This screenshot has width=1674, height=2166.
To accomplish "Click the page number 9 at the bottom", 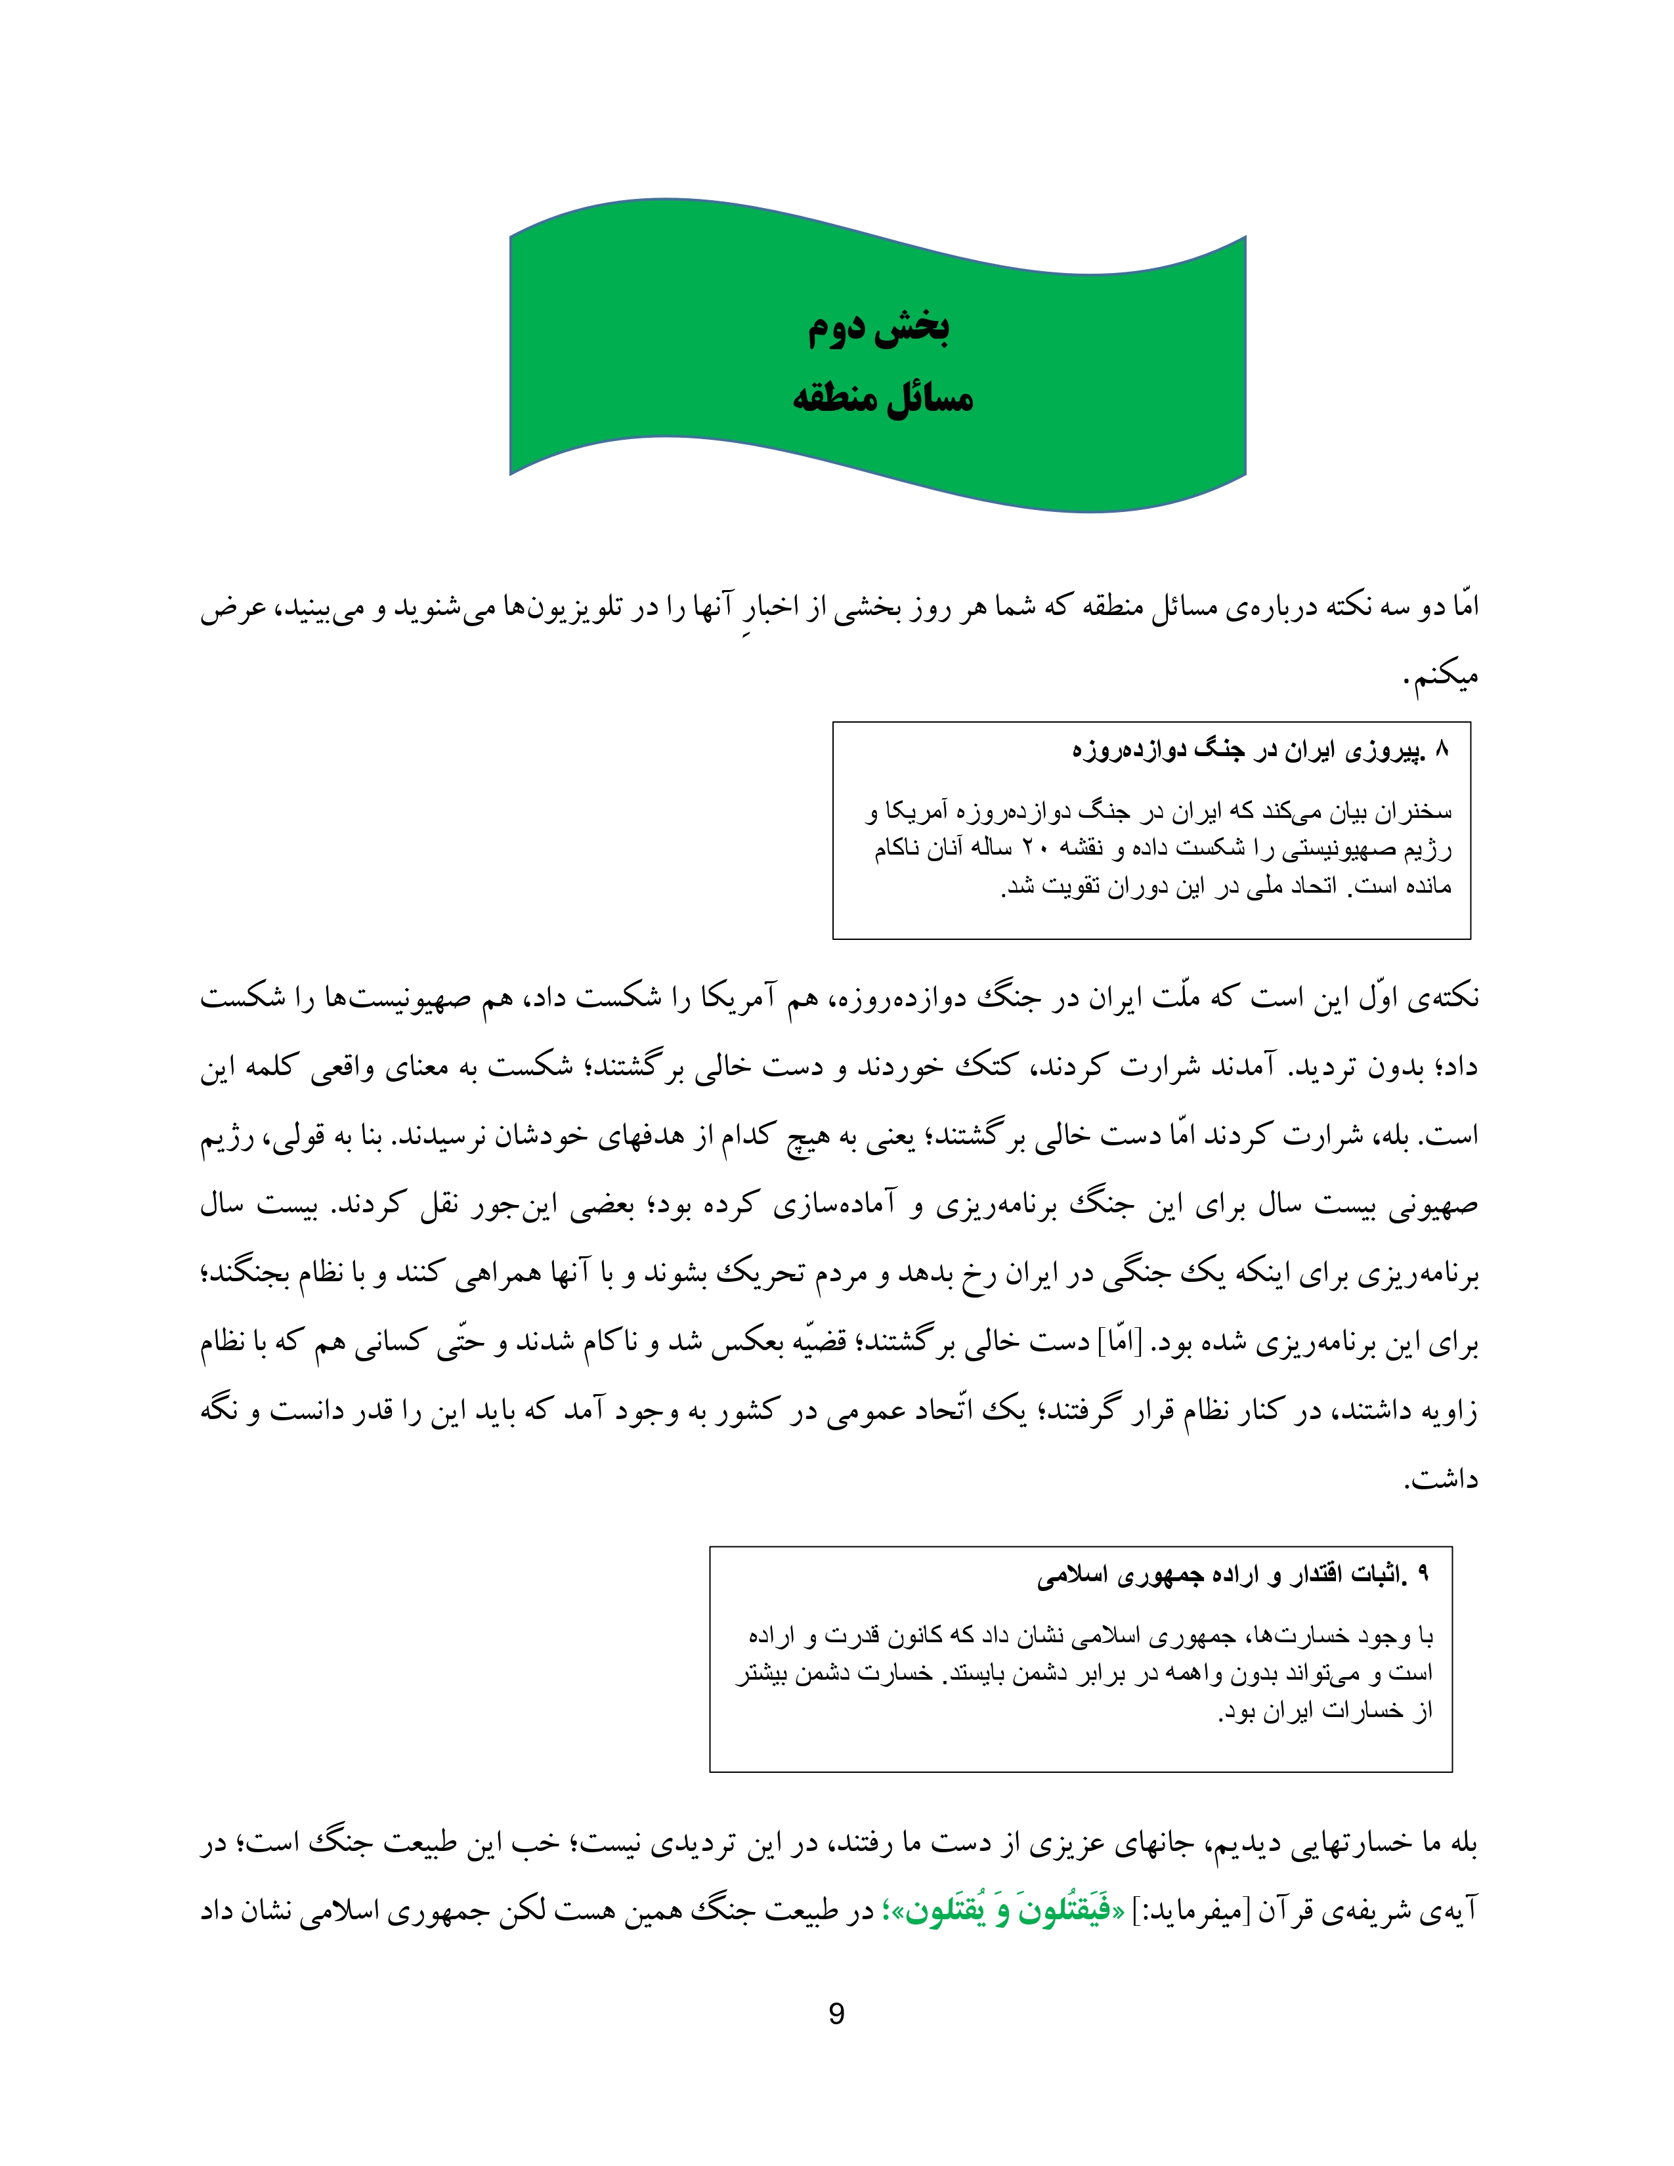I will click(x=836, y=2014).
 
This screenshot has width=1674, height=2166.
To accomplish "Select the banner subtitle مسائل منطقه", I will click(x=882, y=398).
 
